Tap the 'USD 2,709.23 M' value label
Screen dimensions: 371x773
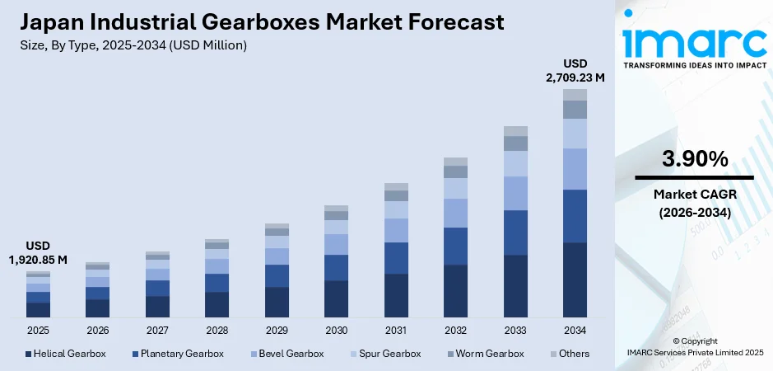click(575, 71)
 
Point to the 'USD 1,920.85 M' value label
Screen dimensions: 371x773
click(38, 253)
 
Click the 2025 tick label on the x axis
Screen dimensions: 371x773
click(38, 330)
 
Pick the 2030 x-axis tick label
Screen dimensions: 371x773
click(336, 330)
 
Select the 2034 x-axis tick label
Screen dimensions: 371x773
click(575, 330)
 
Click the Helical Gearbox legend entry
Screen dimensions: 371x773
click(66, 354)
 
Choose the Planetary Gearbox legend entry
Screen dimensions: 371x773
click(178, 354)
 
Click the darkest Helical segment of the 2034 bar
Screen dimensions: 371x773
click(575, 280)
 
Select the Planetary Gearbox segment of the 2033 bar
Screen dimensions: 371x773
click(515, 232)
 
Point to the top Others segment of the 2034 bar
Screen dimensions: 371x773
click(575, 95)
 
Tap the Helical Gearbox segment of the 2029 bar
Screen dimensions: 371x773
click(277, 302)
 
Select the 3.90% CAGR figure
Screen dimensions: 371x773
click(693, 158)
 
